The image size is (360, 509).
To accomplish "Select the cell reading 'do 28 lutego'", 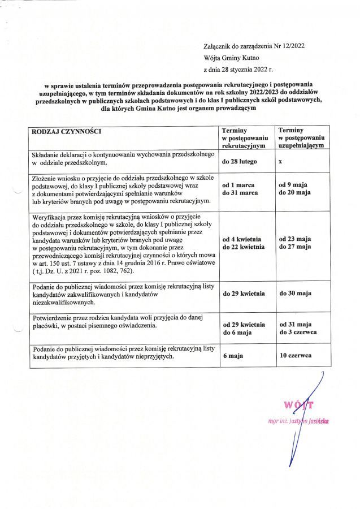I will (240, 162).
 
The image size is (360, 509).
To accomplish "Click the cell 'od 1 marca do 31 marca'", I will (238, 189).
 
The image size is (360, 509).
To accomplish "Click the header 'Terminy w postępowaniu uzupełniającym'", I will (301, 137).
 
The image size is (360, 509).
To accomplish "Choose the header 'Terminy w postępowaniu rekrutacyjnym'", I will (245, 137).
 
